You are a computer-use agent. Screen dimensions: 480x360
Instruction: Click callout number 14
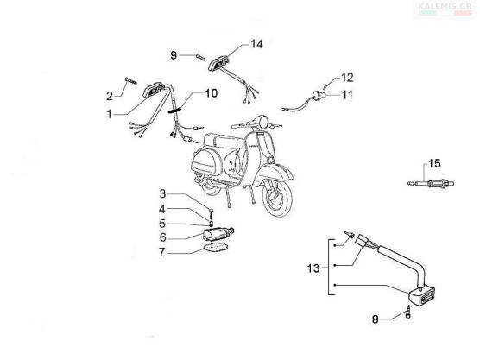coord(256,44)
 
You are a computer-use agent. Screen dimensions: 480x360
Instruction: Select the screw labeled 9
coord(200,57)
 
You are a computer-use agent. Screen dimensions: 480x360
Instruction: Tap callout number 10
coord(211,93)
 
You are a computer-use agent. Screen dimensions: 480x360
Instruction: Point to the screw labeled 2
coord(130,81)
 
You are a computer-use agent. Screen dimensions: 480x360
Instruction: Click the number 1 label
coord(110,114)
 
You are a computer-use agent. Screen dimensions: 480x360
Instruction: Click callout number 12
coord(347,78)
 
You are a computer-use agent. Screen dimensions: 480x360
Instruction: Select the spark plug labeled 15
coord(431,184)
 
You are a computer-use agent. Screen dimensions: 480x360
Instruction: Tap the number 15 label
coord(434,163)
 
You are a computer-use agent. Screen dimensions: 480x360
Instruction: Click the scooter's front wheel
coord(277,197)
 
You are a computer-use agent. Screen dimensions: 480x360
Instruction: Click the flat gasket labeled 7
coord(216,247)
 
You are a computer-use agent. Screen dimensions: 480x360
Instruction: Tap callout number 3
coord(162,193)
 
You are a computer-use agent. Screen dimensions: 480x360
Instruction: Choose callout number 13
coord(313,268)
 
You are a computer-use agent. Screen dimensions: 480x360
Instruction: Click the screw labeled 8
coord(408,312)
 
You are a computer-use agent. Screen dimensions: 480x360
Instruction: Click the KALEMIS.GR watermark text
coord(445,6)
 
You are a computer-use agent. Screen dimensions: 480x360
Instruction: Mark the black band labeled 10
coord(174,110)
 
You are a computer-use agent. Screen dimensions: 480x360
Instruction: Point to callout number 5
coord(162,224)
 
